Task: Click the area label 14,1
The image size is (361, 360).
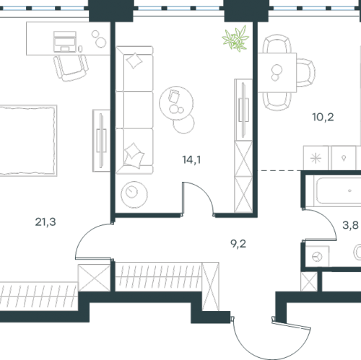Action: click(x=191, y=160)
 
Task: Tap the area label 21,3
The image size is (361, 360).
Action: click(x=45, y=222)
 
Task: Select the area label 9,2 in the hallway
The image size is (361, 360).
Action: click(x=238, y=244)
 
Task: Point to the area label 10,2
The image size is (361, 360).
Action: click(x=323, y=117)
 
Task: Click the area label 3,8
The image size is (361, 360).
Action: click(x=350, y=225)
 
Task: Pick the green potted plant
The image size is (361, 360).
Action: click(x=235, y=38)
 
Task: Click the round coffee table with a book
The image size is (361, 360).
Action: click(x=176, y=102)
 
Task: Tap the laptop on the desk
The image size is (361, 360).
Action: click(x=64, y=41)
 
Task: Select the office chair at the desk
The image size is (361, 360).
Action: click(x=71, y=68)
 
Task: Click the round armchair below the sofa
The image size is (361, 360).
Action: click(x=134, y=195)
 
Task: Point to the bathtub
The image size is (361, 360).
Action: click(x=337, y=191)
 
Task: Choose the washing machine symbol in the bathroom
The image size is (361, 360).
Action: click(x=317, y=256)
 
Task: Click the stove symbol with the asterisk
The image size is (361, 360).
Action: click(x=316, y=158)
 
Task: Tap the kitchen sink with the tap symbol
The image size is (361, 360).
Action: click(x=344, y=158)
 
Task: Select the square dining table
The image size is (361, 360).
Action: click(x=277, y=72)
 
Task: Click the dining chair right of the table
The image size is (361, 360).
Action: click(x=306, y=72)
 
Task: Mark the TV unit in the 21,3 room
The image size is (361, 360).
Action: click(x=101, y=141)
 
